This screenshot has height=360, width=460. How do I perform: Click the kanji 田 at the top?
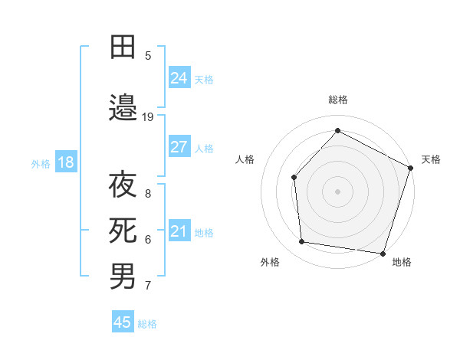click(x=123, y=47)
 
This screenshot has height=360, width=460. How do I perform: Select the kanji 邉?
click(x=123, y=108)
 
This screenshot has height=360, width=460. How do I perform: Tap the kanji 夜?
click(x=123, y=185)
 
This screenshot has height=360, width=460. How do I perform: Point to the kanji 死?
click(x=123, y=229)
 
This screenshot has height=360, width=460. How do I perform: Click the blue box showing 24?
click(x=179, y=77)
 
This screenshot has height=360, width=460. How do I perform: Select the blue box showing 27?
click(x=179, y=147)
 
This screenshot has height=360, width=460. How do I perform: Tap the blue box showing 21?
click(x=179, y=231)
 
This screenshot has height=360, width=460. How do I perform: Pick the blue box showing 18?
click(x=65, y=162)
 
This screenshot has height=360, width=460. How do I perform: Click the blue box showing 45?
click(x=123, y=322)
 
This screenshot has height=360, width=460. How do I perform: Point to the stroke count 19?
click(x=148, y=117)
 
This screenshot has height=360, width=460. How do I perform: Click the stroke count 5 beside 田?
click(x=148, y=55)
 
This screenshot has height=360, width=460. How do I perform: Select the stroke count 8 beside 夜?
click(x=148, y=194)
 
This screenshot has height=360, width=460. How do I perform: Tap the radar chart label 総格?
click(x=337, y=100)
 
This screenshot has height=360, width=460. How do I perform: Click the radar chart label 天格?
click(x=431, y=159)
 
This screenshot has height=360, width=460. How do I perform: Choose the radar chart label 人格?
click(x=245, y=159)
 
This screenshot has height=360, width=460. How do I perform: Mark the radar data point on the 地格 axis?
click(x=383, y=253)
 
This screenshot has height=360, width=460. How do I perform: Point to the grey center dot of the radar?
click(x=337, y=191)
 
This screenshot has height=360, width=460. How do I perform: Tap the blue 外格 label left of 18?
click(x=41, y=163)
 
